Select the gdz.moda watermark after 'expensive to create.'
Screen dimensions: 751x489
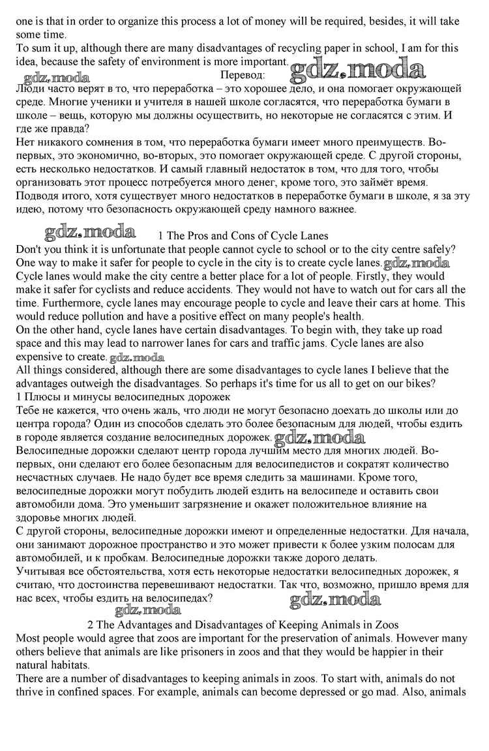(137, 357)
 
